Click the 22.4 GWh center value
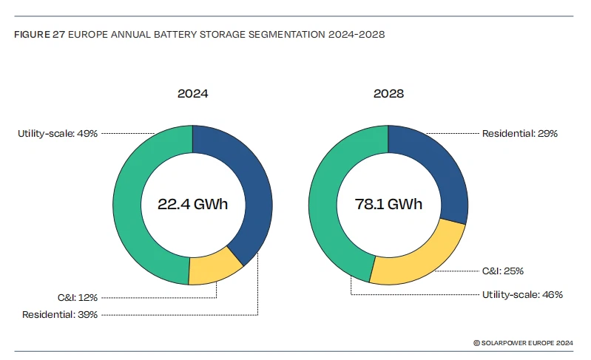coord(192,205)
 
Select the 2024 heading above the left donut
coord(192,95)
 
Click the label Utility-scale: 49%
coord(58,134)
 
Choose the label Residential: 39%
coord(58,315)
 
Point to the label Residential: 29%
coord(519,134)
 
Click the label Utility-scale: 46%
coord(519,294)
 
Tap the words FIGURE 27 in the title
coord(38,35)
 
